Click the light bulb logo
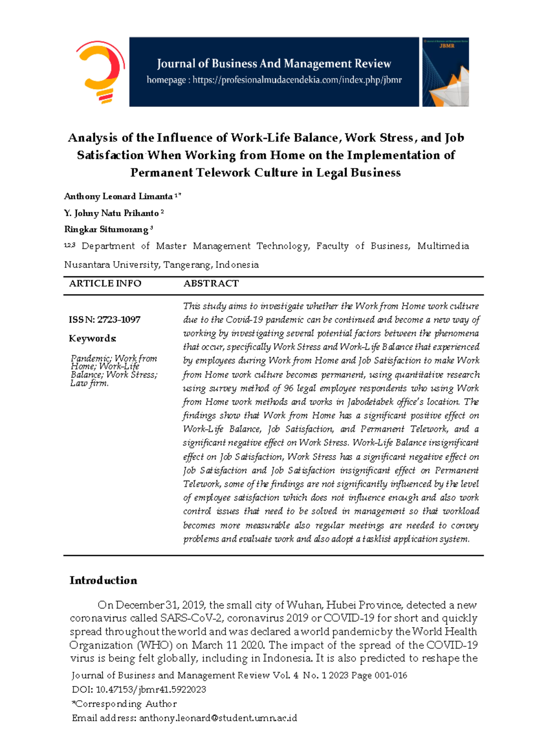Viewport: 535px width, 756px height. pyautogui.click(x=101, y=72)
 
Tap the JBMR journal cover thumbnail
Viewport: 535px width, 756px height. pyautogui.click(x=445, y=72)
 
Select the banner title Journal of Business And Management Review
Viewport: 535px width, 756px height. pyautogui.click(x=274, y=63)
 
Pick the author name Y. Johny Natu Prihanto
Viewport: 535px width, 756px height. pyautogui.click(x=111, y=213)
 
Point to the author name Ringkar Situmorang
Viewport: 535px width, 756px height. pyautogui.click(x=106, y=230)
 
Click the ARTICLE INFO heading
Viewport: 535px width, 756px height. pyautogui.click(x=105, y=283)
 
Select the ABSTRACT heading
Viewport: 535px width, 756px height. pyautogui.click(x=211, y=283)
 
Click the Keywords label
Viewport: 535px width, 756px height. pyautogui.click(x=92, y=338)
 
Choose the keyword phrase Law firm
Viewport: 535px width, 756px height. pyautogui.click(x=89, y=383)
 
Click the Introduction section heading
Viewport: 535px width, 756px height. pyautogui.click(x=103, y=580)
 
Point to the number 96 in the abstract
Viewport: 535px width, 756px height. pyautogui.click(x=289, y=388)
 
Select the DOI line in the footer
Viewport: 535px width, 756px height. pyautogui.click(x=139, y=690)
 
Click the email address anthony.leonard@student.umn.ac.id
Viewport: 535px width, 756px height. pyautogui.click(x=218, y=718)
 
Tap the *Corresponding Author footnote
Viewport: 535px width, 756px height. pyautogui.click(x=124, y=704)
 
